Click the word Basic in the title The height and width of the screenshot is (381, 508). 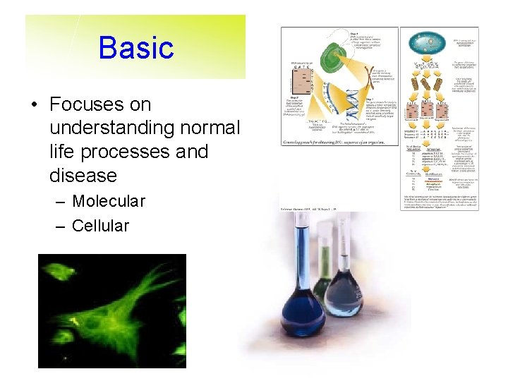[x=136, y=48]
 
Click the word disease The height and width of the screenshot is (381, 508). [x=83, y=175]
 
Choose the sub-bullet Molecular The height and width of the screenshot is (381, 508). [x=108, y=201]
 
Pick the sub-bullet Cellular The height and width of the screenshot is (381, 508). [x=100, y=226]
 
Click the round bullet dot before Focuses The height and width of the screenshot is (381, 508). [x=34, y=105]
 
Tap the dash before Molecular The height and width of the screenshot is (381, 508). [x=59, y=202]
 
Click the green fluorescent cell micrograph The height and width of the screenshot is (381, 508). [x=111, y=310]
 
